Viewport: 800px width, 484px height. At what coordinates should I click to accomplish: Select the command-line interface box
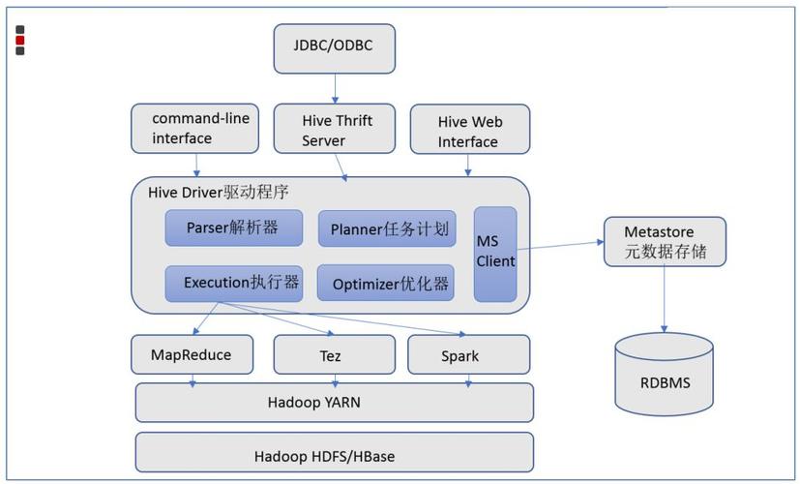tap(194, 129)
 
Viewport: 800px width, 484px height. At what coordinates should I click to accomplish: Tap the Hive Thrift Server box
tap(336, 130)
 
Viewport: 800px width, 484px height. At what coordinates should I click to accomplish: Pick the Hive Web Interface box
tap(469, 131)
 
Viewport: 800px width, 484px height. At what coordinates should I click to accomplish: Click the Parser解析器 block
tap(233, 227)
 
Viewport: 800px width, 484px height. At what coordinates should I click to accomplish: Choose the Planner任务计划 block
tap(386, 228)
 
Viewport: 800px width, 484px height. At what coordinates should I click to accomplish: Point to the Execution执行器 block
tap(233, 283)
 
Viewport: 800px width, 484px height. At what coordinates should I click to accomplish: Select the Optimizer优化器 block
tap(386, 284)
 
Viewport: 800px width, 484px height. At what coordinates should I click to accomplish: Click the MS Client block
tap(495, 253)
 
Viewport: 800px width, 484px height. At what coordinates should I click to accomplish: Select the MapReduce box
tap(192, 354)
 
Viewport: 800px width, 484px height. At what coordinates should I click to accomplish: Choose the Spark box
tap(468, 355)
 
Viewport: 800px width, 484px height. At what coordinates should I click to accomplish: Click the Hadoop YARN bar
tap(334, 402)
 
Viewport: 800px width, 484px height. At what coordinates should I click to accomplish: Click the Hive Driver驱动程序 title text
tap(219, 192)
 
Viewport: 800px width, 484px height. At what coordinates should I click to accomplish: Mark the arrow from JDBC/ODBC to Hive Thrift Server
tap(336, 88)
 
